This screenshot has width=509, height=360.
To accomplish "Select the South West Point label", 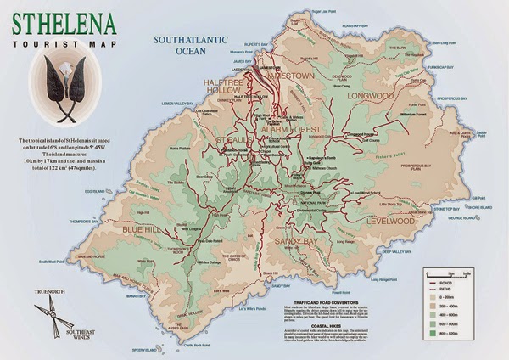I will pyautogui.click(x=51, y=261).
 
